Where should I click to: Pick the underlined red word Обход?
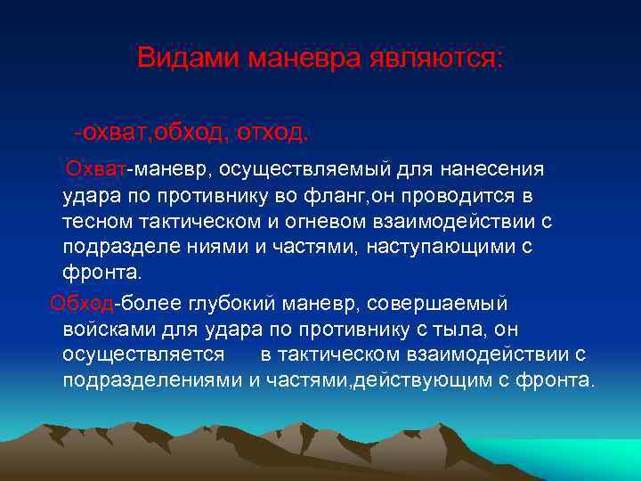pyautogui.click(x=83, y=304)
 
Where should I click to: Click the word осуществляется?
pyautogui.click(x=143, y=355)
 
